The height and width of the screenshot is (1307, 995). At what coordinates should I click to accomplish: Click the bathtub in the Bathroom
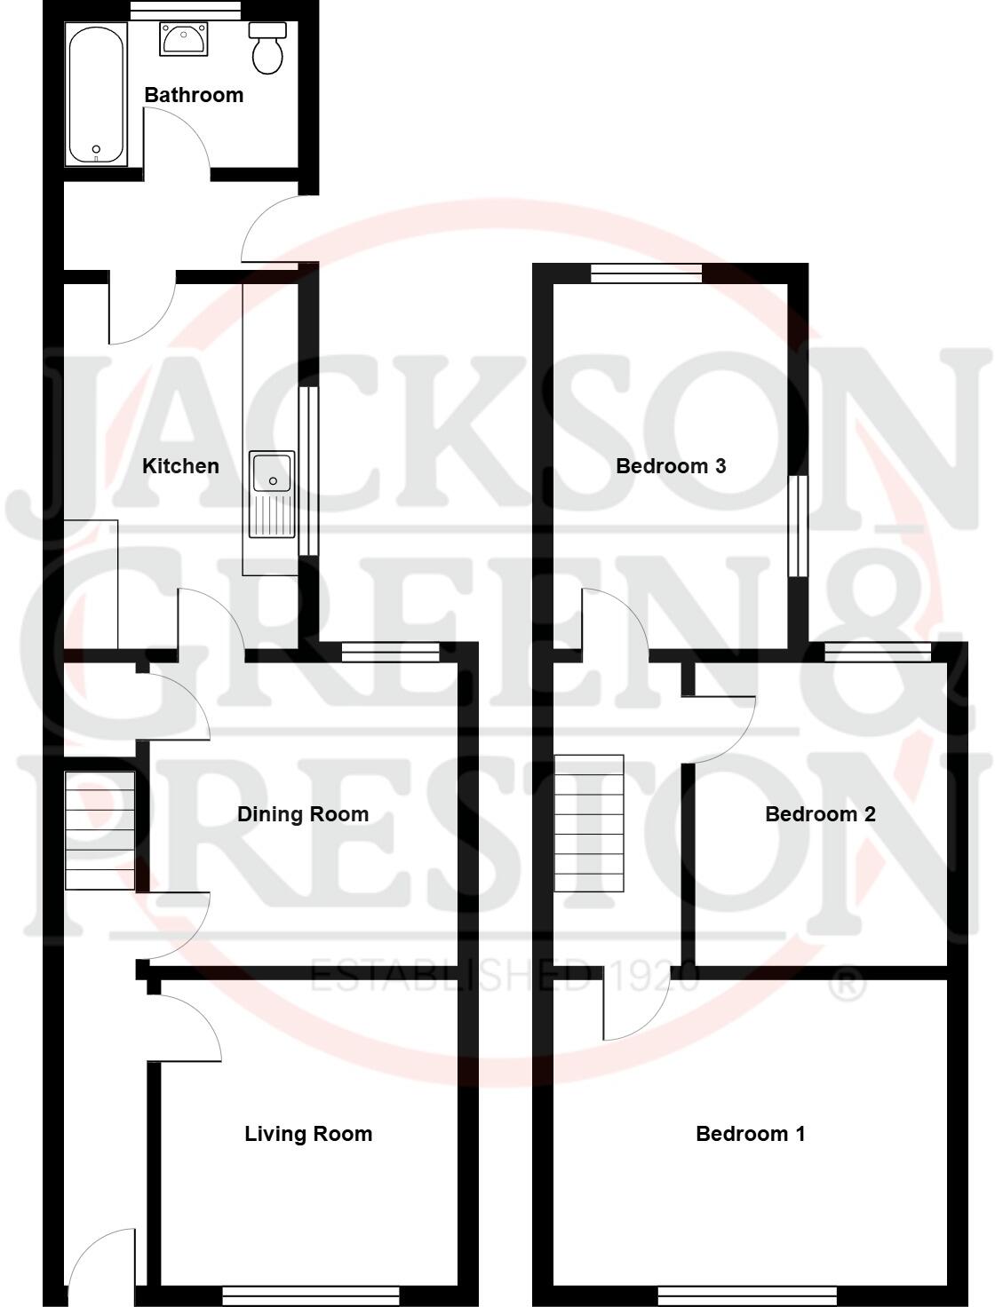[96, 93]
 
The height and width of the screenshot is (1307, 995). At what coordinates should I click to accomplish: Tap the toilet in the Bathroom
[267, 48]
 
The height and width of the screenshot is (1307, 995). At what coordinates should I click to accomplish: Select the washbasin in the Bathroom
[184, 40]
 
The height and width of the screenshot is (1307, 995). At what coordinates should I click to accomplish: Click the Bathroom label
[194, 95]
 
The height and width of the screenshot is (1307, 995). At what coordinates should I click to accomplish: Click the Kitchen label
[180, 466]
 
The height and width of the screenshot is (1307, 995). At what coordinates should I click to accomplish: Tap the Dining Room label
[303, 814]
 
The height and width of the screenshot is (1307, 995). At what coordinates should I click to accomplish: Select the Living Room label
[308, 1134]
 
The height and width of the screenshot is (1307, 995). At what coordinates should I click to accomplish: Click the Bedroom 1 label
[751, 1134]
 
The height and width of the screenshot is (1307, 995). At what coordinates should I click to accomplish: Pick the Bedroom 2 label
[820, 814]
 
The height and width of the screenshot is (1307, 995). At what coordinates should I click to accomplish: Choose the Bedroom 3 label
[671, 466]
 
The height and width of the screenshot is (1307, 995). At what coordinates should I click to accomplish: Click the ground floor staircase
[99, 830]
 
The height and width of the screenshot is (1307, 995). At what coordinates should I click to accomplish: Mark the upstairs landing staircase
[589, 823]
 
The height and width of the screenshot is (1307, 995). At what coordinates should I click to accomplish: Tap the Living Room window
[311, 1296]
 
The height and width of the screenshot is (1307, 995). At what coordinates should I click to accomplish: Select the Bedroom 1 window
[747, 1296]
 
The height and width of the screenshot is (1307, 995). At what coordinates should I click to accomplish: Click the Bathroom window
[185, 11]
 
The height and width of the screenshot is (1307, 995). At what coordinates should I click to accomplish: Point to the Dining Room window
[391, 653]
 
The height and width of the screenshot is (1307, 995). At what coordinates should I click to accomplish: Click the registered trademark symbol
[848, 985]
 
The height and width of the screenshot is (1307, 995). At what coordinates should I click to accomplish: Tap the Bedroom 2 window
[878, 653]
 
